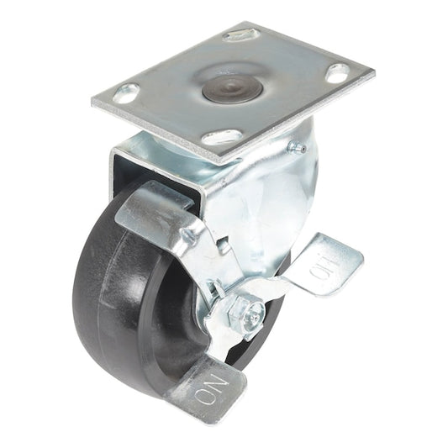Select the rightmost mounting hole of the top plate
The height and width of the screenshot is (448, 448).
pyautogui.click(x=337, y=72)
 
